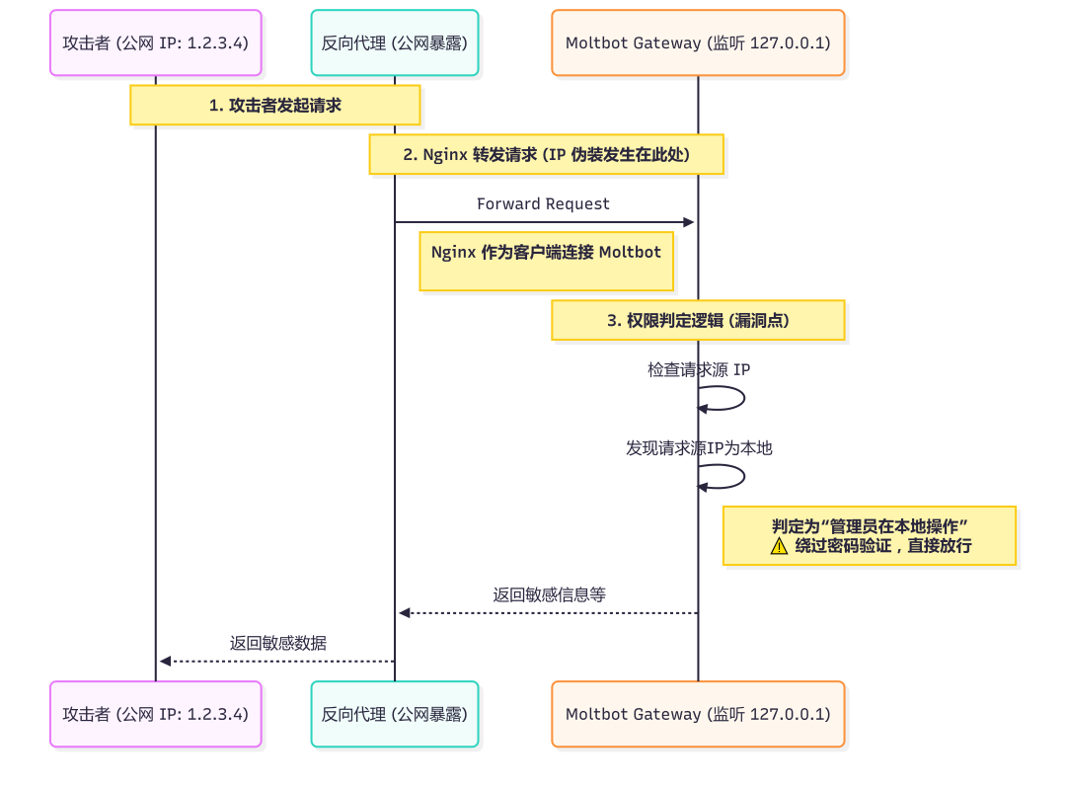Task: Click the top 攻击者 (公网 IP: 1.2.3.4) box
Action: [x=156, y=43]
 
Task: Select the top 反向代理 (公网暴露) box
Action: [x=395, y=43]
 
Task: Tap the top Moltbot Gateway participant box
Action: [x=698, y=43]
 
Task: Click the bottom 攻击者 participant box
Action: [x=156, y=714]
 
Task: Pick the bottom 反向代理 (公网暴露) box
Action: [x=395, y=714]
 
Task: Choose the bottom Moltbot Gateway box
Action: [x=698, y=714]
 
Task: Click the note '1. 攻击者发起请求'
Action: [x=275, y=105]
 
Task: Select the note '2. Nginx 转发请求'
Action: [x=546, y=155]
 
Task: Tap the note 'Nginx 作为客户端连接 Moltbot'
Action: [x=546, y=262]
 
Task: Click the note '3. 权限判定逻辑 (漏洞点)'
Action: [x=698, y=321]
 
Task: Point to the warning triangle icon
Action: [x=780, y=546]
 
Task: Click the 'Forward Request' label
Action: [x=543, y=204]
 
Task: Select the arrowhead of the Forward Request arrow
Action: [x=689, y=223]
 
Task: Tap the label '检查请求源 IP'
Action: [x=699, y=370]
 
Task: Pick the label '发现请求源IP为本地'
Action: [x=699, y=448]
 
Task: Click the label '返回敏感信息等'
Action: [x=549, y=595]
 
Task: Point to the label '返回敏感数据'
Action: [x=278, y=644]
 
